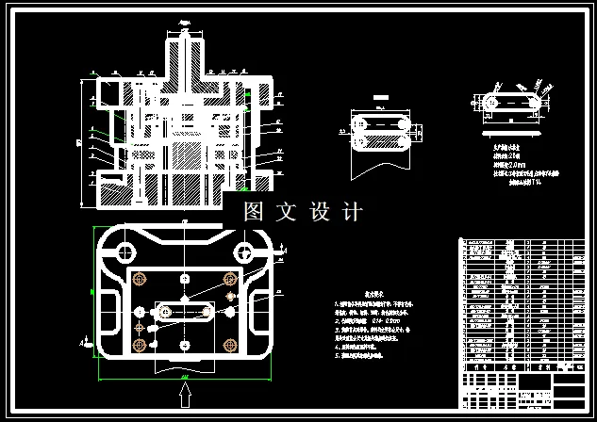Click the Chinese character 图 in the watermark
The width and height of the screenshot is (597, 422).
tap(254, 212)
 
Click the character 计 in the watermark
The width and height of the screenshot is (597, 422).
tap(352, 212)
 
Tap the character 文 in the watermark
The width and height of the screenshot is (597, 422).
tap(286, 212)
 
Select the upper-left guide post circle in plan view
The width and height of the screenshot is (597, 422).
tap(122, 251)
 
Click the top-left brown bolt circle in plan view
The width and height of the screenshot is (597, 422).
tap(142, 280)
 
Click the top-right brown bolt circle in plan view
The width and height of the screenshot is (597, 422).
tap(229, 280)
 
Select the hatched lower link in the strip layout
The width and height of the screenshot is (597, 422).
tap(377, 142)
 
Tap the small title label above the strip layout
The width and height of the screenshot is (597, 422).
tap(380, 97)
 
